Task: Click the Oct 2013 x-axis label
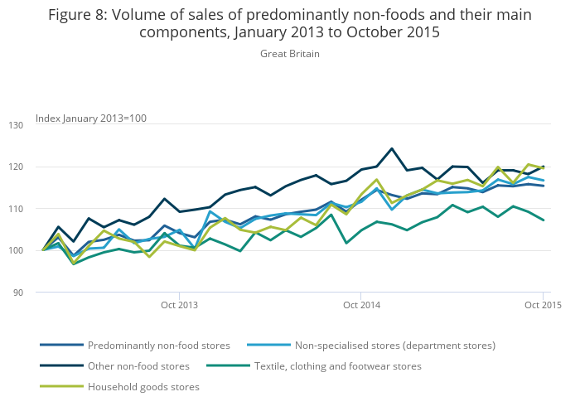pyautogui.click(x=179, y=305)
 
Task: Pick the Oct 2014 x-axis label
pyautogui.click(x=360, y=305)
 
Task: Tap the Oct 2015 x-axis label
pyautogui.click(x=543, y=305)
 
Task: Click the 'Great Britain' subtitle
pyautogui.click(x=290, y=54)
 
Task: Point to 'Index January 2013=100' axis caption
pyautogui.click(x=91, y=119)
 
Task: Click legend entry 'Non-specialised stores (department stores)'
pyautogui.click(x=394, y=345)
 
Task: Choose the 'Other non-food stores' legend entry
pyautogui.click(x=138, y=365)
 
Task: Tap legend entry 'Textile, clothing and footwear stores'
pyautogui.click(x=338, y=365)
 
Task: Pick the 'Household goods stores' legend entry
pyautogui.click(x=143, y=386)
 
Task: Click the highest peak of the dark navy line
pyautogui.click(x=391, y=149)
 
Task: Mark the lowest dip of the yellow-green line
pyautogui.click(x=74, y=264)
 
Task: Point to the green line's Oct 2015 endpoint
pyautogui.click(x=543, y=220)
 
